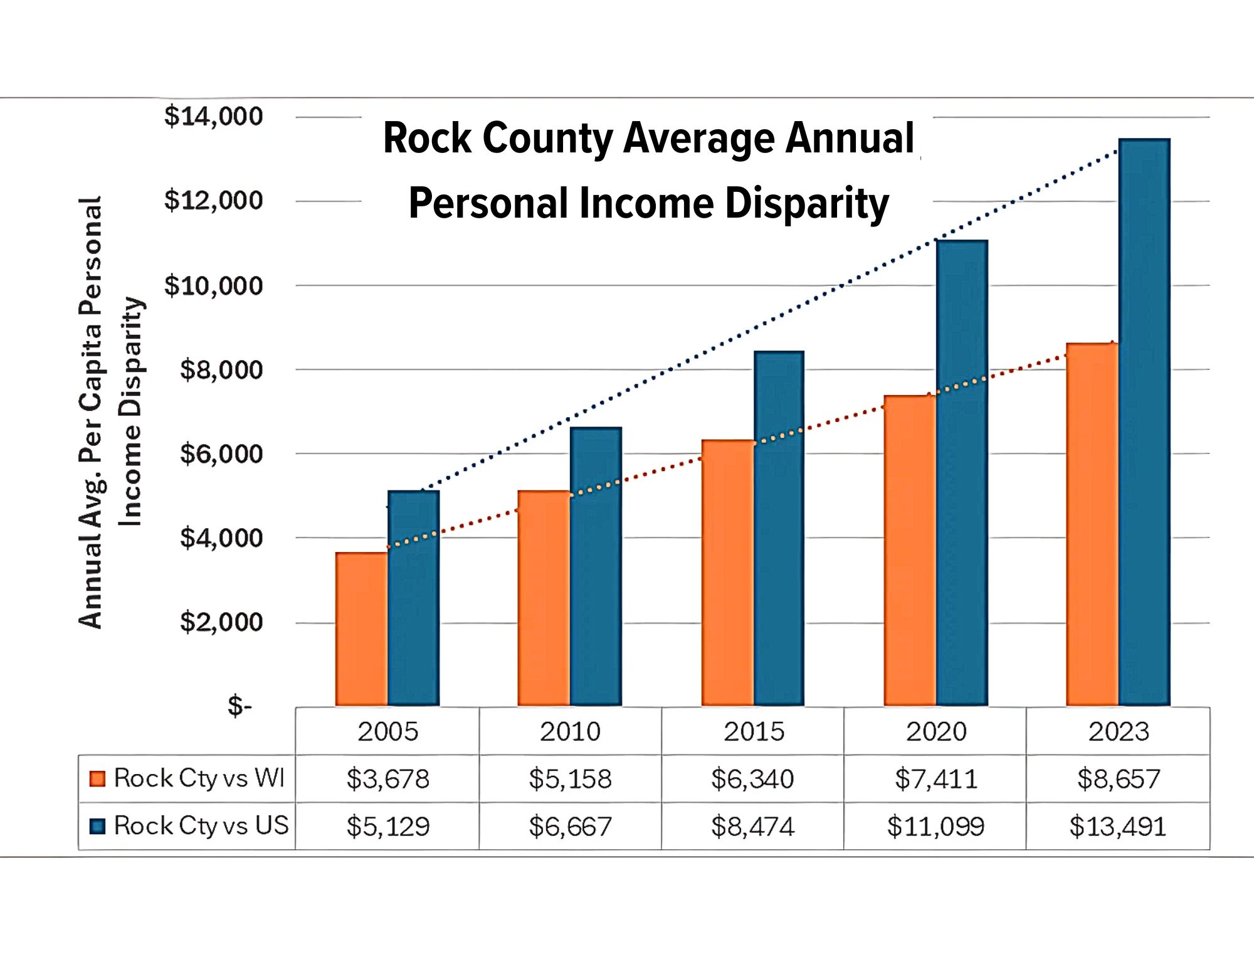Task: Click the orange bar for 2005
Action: pyautogui.click(x=362, y=629)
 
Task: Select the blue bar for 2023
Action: pyautogui.click(x=1144, y=422)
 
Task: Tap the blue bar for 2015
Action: pyautogui.click(x=779, y=528)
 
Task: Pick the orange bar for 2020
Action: pyautogui.click(x=910, y=551)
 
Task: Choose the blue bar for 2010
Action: pyautogui.click(x=596, y=566)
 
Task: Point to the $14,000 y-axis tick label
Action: pyautogui.click(x=213, y=117)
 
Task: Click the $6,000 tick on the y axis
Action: pyautogui.click(x=221, y=453)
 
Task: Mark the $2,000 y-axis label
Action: pyautogui.click(x=221, y=622)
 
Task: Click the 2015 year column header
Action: pyautogui.click(x=754, y=731)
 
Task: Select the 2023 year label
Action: pyautogui.click(x=1119, y=731)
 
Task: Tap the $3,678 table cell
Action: pyautogui.click(x=387, y=779)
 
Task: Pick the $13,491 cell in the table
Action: pyautogui.click(x=1117, y=827)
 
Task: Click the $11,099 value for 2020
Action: pyautogui.click(x=935, y=827)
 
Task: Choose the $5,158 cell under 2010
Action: pyautogui.click(x=570, y=779)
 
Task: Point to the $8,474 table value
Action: pyautogui.click(x=752, y=827)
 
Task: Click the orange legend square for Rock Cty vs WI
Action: pyautogui.click(x=97, y=778)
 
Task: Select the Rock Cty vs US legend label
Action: pyautogui.click(x=201, y=825)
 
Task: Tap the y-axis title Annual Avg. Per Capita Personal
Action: pyautogui.click(x=91, y=412)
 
